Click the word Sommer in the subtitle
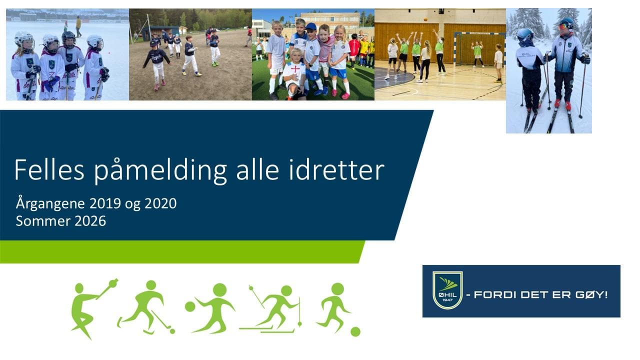coord(44,220)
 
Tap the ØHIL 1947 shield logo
coord(447,290)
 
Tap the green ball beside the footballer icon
coord(355,331)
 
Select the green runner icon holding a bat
coord(90,306)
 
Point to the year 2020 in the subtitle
coord(161,203)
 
